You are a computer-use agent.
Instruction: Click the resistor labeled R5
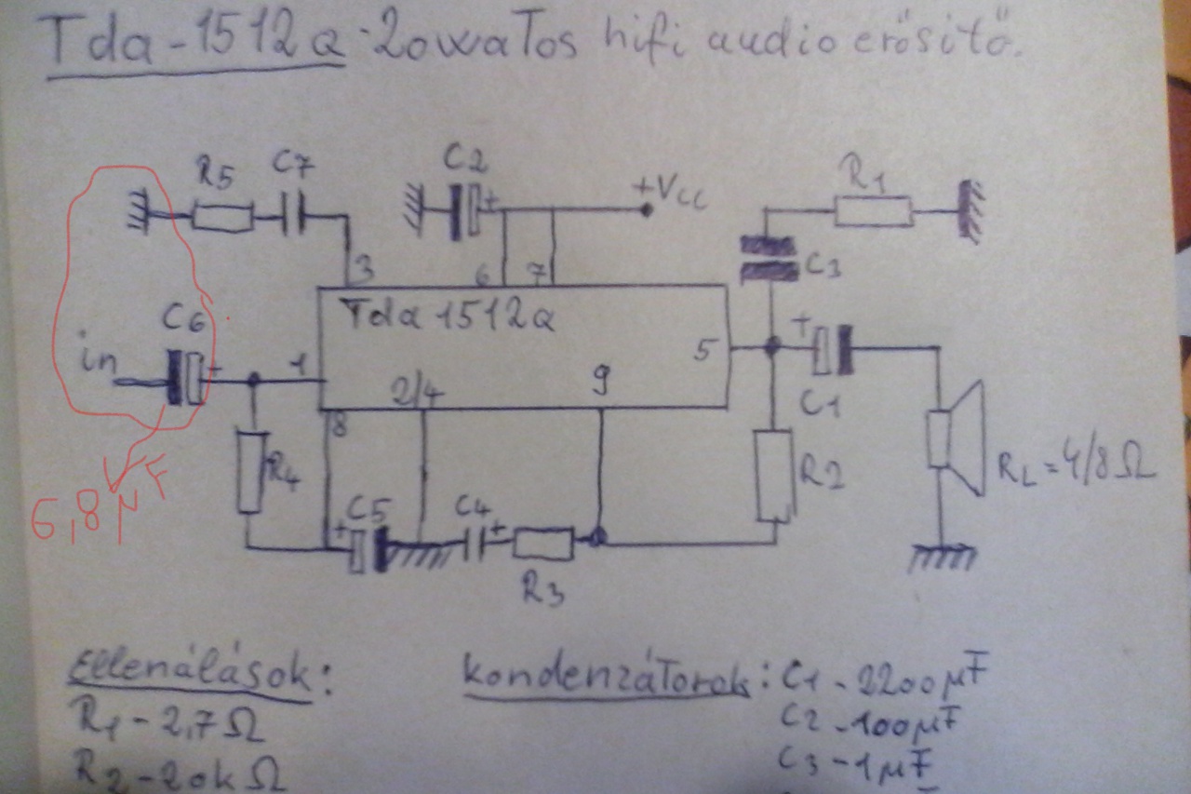pyautogui.click(x=221, y=219)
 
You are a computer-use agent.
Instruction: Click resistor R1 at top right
pyautogui.click(x=872, y=212)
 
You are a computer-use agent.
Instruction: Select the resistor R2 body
pyautogui.click(x=773, y=475)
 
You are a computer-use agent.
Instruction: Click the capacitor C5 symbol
pyautogui.click(x=368, y=550)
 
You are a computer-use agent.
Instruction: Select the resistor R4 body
pyautogui.click(x=249, y=471)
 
